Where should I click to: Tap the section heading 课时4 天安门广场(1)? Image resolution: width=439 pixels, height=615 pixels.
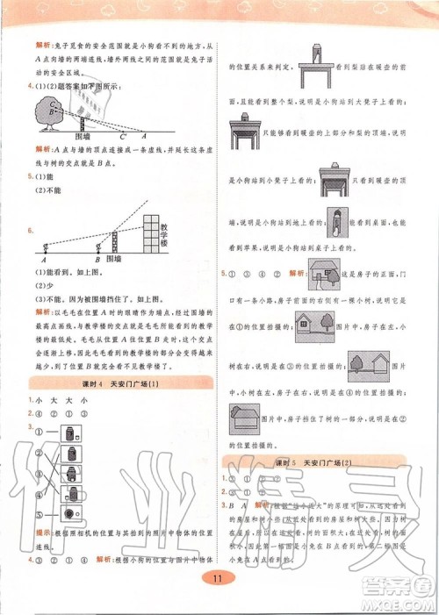(120, 383)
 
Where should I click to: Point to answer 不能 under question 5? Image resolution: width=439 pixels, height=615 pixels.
(44, 190)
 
